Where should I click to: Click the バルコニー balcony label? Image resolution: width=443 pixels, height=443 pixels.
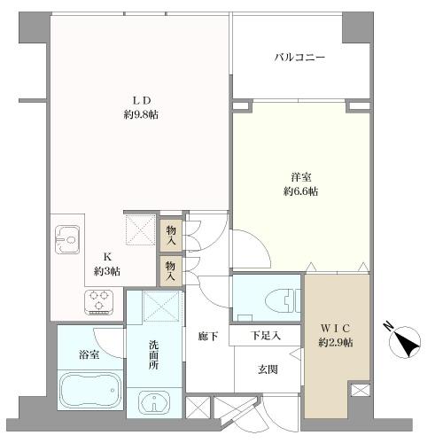pos(299,58)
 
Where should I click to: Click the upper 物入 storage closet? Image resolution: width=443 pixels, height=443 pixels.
pos(171,232)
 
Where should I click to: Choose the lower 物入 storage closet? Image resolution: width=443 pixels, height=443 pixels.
pos(171,268)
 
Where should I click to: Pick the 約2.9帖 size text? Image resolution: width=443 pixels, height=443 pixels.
pos(336,342)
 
